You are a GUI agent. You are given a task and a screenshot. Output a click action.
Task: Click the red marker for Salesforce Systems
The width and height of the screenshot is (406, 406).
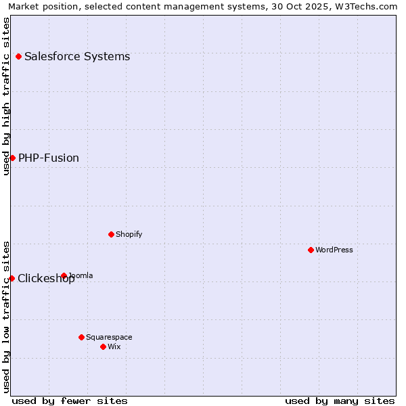pyautogui.click(x=18, y=56)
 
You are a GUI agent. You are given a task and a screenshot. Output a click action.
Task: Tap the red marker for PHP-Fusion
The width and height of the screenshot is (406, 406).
pyautogui.click(x=12, y=158)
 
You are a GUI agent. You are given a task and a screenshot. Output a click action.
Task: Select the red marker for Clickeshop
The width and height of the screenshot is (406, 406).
pyautogui.click(x=12, y=278)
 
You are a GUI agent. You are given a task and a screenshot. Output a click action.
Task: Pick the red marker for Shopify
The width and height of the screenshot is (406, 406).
pyautogui.click(x=111, y=234)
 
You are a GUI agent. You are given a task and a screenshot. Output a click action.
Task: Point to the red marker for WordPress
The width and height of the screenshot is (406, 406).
pyautogui.click(x=311, y=250)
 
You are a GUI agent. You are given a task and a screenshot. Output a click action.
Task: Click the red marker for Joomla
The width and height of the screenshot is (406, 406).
pyautogui.click(x=64, y=275)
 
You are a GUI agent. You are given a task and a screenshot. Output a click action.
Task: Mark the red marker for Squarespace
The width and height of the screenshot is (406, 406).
pyautogui.click(x=81, y=337)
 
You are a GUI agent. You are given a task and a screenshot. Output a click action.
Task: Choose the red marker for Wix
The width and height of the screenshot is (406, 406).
pyautogui.click(x=103, y=346)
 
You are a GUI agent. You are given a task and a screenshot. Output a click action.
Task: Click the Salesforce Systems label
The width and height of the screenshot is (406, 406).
pyautogui.click(x=77, y=56)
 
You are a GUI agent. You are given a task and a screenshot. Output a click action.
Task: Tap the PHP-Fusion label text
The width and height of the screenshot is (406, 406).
pyautogui.click(x=49, y=158)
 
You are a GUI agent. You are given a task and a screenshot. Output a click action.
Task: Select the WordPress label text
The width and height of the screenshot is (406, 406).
pyautogui.click(x=334, y=250)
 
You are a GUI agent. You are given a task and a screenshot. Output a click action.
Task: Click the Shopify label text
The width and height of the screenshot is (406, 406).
pyautogui.click(x=129, y=234)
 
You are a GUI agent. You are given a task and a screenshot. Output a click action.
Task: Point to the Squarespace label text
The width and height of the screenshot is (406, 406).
pyautogui.click(x=109, y=337)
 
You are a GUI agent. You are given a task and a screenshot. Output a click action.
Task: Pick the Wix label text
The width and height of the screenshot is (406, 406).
pyautogui.click(x=114, y=346)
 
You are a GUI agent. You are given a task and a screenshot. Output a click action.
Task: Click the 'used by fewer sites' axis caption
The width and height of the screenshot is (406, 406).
pyautogui.click(x=70, y=401)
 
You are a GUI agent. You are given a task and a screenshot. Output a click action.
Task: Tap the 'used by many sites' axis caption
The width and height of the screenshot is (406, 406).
pyautogui.click(x=340, y=401)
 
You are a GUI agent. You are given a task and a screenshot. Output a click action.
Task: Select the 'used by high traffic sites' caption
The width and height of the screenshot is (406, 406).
pyautogui.click(x=6, y=96)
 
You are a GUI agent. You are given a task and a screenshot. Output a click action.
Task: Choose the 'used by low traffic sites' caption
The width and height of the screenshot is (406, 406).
pyautogui.click(x=6, y=316)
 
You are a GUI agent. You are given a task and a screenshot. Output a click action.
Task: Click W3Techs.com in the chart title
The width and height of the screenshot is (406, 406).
pyautogui.click(x=370, y=7)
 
